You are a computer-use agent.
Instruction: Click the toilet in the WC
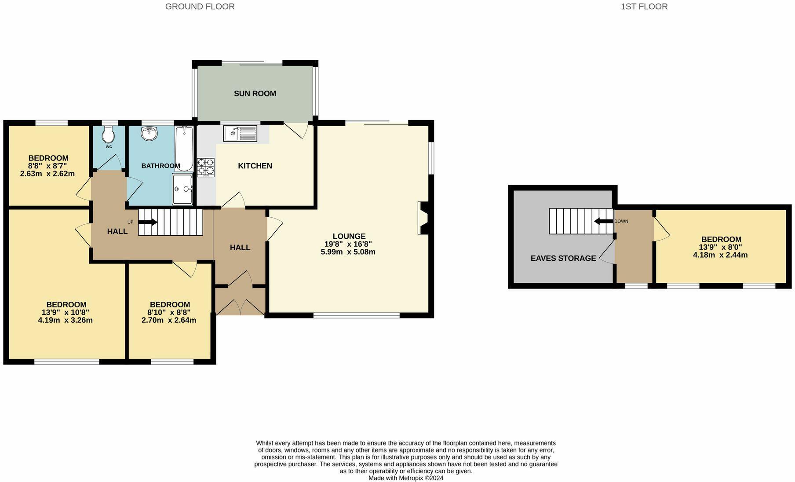[109, 134]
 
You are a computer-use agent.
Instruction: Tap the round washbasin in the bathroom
[150, 133]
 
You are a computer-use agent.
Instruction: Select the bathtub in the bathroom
[184, 149]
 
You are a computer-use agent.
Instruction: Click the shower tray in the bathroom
[182, 189]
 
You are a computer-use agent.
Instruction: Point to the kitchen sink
[240, 133]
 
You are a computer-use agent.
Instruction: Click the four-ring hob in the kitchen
[206, 168]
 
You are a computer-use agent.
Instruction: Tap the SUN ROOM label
[255, 93]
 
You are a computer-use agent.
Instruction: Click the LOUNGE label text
[349, 236]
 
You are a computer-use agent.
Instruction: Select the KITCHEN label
[255, 166]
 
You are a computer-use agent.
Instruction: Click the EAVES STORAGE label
[563, 258]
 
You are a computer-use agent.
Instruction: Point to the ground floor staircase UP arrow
[148, 222]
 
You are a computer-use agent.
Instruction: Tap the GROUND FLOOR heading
[200, 7]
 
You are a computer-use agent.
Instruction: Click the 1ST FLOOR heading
[644, 7]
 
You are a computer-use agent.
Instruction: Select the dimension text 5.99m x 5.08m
[348, 252]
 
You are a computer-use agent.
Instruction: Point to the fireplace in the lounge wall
[423, 218]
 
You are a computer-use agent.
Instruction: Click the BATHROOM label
[160, 166]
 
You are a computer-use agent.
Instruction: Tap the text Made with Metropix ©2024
[406, 478]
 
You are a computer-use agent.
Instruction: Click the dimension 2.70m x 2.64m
[169, 320]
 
